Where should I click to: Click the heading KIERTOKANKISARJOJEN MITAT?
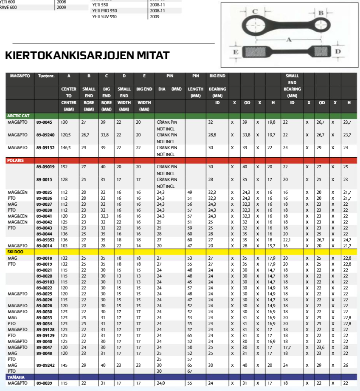tap(87, 56)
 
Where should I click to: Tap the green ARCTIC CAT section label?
tap(18, 116)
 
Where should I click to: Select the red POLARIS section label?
tap(15, 161)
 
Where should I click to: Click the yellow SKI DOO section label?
tap(15, 252)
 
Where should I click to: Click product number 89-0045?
tap(44, 122)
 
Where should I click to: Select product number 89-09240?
tap(45, 135)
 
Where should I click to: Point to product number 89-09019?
tap(45, 167)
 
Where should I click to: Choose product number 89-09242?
tap(45, 365)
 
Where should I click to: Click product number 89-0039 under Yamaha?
tap(44, 383)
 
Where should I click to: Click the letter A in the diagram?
tap(289, 39)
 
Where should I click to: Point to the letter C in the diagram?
tap(255, 11)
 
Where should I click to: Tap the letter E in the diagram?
tap(235, 51)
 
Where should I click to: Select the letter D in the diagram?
tap(338, 51)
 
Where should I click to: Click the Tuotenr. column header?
tap(46, 76)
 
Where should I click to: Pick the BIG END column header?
tap(217, 76)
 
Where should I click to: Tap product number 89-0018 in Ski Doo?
tap(44, 258)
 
